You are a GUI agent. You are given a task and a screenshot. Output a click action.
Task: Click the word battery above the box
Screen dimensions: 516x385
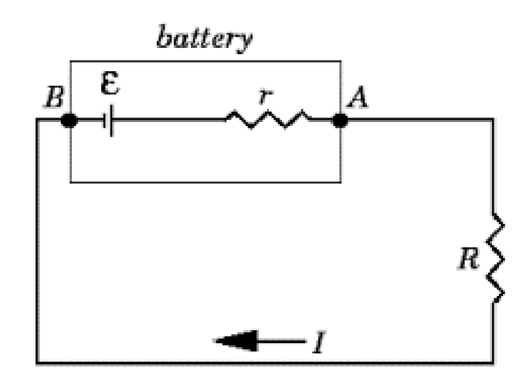pos(205,39)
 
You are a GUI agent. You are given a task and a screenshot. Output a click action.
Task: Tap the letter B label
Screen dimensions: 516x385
pos(54,97)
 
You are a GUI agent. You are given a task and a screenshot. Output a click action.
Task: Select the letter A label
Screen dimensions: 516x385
pos(357,97)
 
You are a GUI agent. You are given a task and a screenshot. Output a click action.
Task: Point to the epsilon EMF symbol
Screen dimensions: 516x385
pos(110,82)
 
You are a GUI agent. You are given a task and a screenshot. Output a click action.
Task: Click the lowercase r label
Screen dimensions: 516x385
pos(265,96)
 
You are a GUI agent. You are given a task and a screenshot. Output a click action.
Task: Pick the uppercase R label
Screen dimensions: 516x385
pos(469,258)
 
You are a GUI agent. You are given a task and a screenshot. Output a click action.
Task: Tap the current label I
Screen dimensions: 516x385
pos(319,342)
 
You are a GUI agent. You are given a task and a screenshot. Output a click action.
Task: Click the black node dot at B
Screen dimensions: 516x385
pos(69,120)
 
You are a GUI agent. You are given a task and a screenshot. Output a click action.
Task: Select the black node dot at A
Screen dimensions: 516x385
pos(340,120)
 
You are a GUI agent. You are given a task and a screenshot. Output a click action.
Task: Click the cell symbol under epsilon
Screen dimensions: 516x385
pos(108,121)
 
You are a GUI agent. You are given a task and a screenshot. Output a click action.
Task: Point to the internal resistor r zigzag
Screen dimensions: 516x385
pos(267,119)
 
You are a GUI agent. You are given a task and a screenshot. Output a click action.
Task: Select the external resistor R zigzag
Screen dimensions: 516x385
pos(495,258)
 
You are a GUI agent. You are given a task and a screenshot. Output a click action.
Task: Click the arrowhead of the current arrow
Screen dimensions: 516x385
pos(236,341)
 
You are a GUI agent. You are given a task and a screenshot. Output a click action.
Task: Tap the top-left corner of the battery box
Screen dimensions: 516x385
pos(70,61)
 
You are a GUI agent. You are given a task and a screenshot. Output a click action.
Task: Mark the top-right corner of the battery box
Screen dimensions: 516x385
pos(340,61)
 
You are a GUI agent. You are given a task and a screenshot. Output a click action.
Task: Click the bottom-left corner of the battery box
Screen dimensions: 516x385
pos(70,182)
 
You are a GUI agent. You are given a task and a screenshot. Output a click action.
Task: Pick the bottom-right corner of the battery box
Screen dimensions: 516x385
pos(340,182)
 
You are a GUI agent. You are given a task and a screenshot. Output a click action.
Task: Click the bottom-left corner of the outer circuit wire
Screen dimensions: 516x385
pos(38,363)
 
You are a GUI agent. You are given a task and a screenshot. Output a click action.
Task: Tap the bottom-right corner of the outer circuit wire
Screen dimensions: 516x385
pos(493,363)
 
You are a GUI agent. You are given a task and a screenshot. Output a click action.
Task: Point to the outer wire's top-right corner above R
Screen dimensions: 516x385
pos(493,119)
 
